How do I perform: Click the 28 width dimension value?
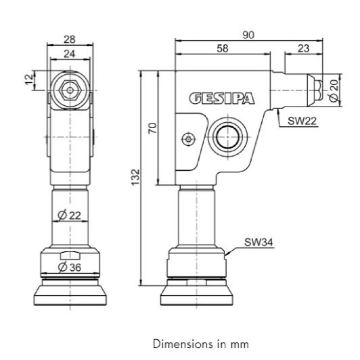click(70, 39)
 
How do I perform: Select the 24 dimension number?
click(69, 54)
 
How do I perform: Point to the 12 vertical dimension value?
click(30, 80)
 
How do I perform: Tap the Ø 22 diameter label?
click(69, 216)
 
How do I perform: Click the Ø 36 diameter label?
click(69, 267)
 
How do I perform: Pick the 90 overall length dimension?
click(249, 35)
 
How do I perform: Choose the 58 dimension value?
click(223, 49)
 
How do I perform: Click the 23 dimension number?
click(303, 49)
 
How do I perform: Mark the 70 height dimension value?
click(153, 128)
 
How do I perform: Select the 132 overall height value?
click(135, 177)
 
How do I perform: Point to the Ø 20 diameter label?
click(335, 91)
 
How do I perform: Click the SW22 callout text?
click(302, 121)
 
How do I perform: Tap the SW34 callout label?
click(259, 242)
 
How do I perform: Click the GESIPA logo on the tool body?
click(222, 99)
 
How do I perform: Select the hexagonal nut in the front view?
click(70, 90)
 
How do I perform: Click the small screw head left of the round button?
click(188, 139)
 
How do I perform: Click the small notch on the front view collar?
click(70, 256)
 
